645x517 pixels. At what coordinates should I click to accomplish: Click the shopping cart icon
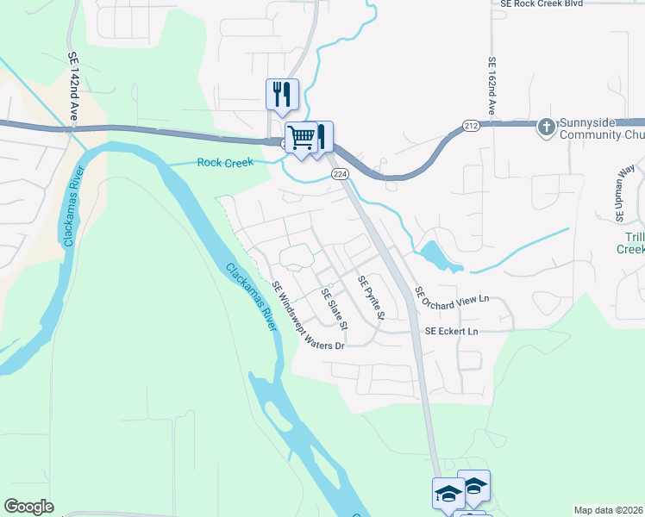coord(301,137)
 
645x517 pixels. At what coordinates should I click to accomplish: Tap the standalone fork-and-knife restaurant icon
coord(281,93)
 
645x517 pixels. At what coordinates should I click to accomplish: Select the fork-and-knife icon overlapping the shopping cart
coord(321,135)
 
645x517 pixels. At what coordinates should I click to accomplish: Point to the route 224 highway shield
coord(340,174)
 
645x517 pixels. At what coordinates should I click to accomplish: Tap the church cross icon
coord(545,128)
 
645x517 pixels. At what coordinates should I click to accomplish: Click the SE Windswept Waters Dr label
coord(308,316)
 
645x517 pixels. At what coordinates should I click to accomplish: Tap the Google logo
coord(29,507)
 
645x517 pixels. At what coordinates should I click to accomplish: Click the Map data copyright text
coord(609,510)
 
